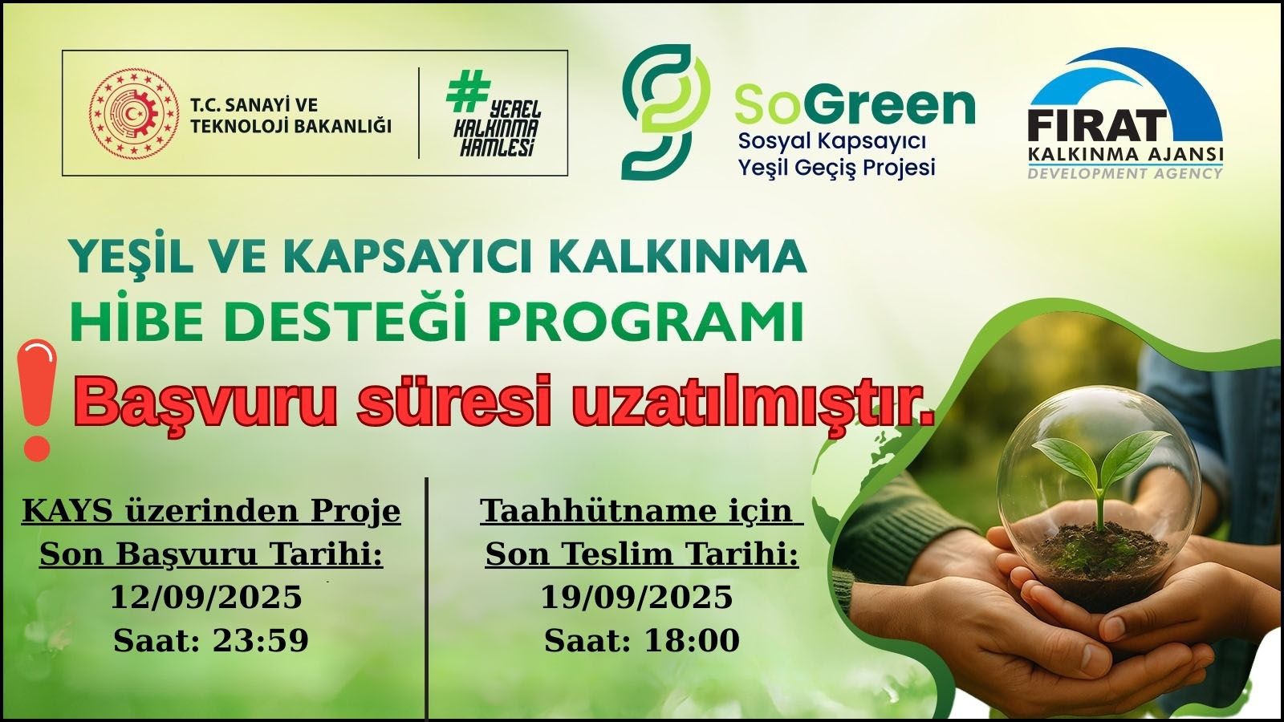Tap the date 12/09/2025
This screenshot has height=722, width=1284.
pos(205,597)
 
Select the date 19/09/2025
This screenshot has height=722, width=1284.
pos(637,597)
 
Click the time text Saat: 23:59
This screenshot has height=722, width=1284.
pos(211,641)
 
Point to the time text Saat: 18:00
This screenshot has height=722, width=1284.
pos(642,641)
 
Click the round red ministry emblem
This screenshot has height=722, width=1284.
pos(134,113)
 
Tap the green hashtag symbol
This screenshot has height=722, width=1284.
pos(468,91)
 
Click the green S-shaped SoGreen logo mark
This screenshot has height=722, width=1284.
pos(666,112)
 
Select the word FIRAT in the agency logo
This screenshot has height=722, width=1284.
pos(1097,125)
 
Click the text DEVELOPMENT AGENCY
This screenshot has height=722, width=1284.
pos(1124,172)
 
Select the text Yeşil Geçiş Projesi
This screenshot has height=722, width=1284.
pos(836,168)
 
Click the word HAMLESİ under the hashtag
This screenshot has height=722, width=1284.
pos(497,148)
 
